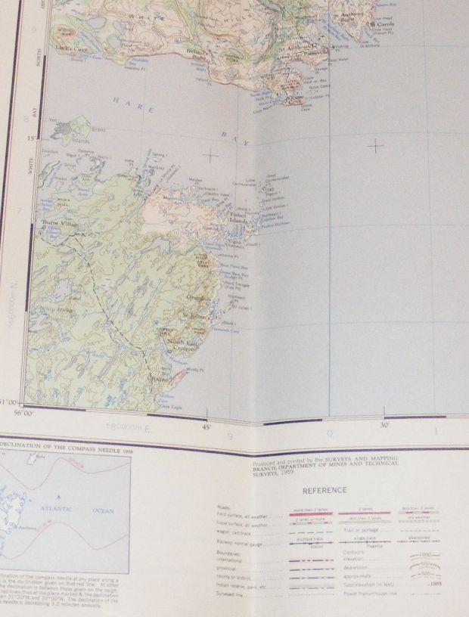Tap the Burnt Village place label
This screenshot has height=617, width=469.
[x=59, y=222]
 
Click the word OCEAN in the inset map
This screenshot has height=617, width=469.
[x=102, y=510]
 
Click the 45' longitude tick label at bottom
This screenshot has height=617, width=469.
[x=207, y=428]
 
